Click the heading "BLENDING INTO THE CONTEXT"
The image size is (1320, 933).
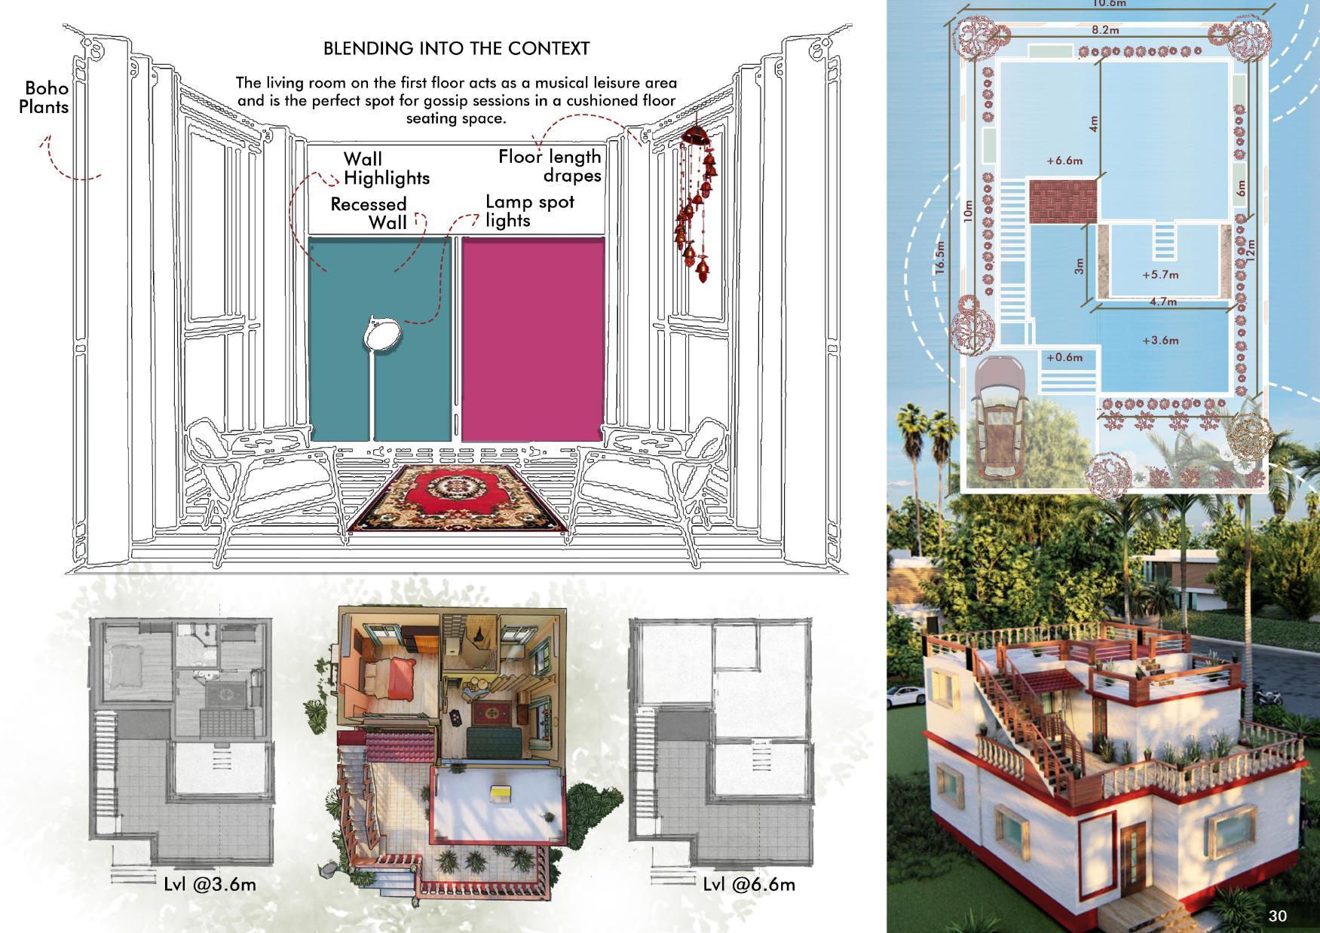[x=456, y=48]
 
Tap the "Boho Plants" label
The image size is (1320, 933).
[x=44, y=98]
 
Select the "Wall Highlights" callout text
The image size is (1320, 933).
[x=386, y=169]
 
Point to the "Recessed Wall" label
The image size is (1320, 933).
[x=369, y=213]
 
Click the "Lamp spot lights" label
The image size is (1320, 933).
[x=529, y=211]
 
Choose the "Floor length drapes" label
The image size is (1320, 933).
[x=550, y=166]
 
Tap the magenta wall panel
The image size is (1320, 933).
[x=532, y=339]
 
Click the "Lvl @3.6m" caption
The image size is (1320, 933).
[x=210, y=883]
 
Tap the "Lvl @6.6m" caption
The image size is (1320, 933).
[x=749, y=883]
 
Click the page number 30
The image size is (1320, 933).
[x=1278, y=916]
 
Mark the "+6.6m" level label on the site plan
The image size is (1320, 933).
[x=1064, y=161]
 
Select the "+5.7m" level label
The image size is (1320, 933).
[x=1160, y=275]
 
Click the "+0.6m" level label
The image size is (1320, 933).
[x=1064, y=357]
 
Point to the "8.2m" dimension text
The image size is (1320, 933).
[x=1105, y=30]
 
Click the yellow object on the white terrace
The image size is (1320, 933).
[x=498, y=792]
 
